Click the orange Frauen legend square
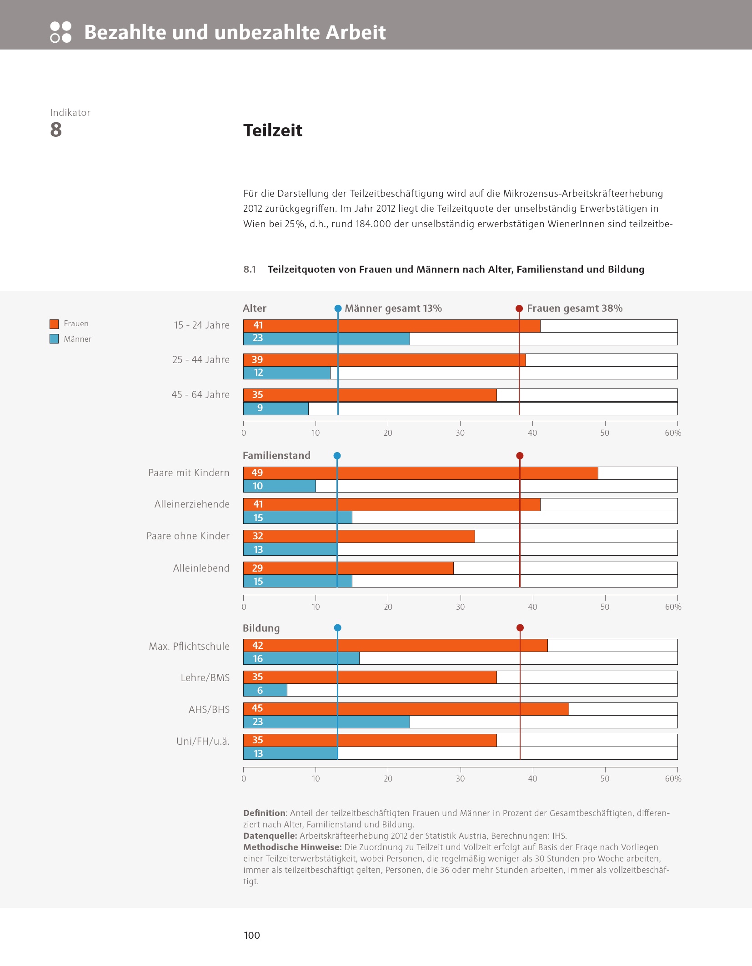tap(54, 324)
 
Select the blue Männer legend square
tap(54, 339)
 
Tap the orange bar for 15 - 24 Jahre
tap(391, 326)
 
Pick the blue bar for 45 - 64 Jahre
tap(276, 408)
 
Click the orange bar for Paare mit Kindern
tap(420, 473)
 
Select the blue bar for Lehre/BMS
tap(265, 690)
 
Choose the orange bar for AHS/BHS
tap(406, 709)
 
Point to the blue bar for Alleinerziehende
tap(297, 518)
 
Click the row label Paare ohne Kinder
tap(188, 536)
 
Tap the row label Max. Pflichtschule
tap(189, 646)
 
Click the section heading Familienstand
tap(276, 455)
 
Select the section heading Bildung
tap(261, 628)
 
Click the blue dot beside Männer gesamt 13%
tap(338, 309)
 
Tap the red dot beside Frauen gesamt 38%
tap(519, 309)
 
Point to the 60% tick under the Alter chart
tap(673, 433)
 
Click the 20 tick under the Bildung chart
tap(388, 778)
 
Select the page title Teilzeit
tap(273, 130)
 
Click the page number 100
tap(252, 935)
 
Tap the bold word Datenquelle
tap(270, 836)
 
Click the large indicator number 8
tap(56, 130)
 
